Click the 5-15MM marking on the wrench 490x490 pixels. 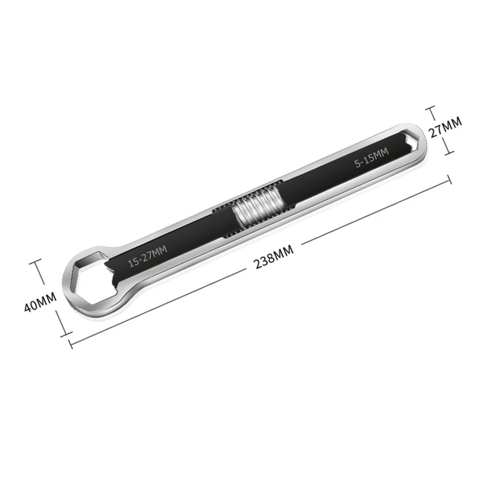coord(372,159)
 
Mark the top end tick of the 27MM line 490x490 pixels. coord(430,107)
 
